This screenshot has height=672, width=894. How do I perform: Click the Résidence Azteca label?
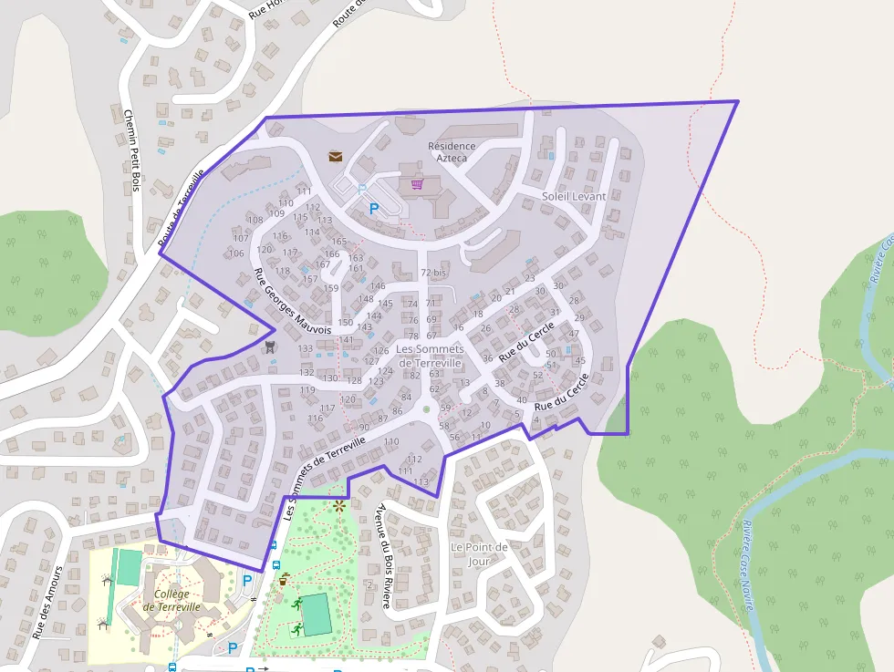pos(452,151)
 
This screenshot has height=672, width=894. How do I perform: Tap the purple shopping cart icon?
pos(417,184)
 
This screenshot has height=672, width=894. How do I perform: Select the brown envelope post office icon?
pos(336,157)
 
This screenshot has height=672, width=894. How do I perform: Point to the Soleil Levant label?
pos(574,196)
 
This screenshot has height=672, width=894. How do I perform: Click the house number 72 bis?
pos(432,273)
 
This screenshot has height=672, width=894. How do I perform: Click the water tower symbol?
pos(269,346)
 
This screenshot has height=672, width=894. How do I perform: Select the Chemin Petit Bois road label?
pos(130,150)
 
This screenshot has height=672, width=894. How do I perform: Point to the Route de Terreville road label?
pos(181,209)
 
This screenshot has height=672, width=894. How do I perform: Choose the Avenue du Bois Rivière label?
pos(384,544)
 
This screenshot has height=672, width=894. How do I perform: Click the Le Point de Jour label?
pos(479,553)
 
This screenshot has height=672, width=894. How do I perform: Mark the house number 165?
pos(339,241)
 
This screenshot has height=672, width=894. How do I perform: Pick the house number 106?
pos(237,253)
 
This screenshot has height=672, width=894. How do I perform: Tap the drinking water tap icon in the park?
pos(285,577)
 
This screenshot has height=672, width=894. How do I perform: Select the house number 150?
pos(345,322)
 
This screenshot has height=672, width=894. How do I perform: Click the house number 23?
pos(530,278)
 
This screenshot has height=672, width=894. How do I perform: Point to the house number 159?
pos(331,288)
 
